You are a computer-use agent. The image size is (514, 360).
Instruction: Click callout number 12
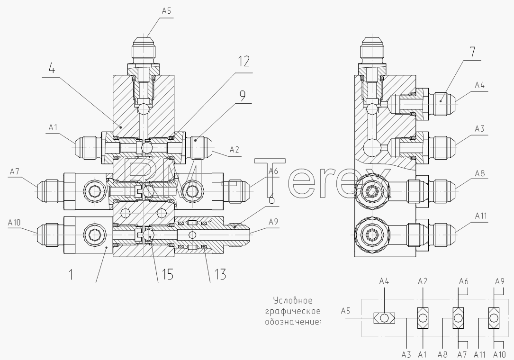pyautogui.click(x=243, y=61)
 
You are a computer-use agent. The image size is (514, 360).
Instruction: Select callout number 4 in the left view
pyautogui.click(x=52, y=69)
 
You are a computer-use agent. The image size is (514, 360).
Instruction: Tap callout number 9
pyautogui.click(x=242, y=96)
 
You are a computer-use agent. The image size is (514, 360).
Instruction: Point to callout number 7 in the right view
pyautogui.click(x=472, y=53)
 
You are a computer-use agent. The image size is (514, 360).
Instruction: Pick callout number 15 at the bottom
pyautogui.click(x=167, y=274)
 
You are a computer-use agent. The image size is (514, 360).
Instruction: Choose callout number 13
pyautogui.click(x=220, y=274)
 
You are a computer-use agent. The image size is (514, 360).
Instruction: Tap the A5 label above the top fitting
pyautogui.click(x=167, y=11)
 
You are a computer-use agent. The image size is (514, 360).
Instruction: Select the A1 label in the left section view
pyautogui.click(x=53, y=127)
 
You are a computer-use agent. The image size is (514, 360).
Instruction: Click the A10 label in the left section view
pyautogui.click(x=14, y=223)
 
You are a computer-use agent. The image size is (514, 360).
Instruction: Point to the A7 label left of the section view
pyautogui.click(x=15, y=171)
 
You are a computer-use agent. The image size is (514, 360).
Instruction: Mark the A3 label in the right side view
pyautogui.click(x=479, y=128)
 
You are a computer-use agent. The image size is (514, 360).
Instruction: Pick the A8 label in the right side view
pyautogui.click(x=479, y=173)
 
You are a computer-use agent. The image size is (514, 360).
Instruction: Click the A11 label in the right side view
pyautogui.click(x=481, y=216)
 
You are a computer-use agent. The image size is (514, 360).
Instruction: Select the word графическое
pyautogui.click(x=293, y=311)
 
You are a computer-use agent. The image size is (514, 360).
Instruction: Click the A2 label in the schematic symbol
pyautogui.click(x=423, y=281)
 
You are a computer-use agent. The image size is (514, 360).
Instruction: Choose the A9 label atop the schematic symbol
pyautogui.click(x=500, y=281)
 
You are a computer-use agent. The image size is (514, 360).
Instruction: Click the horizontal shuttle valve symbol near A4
pyautogui.click(x=384, y=318)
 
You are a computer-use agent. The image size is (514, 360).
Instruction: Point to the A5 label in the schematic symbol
pyautogui.click(x=346, y=310)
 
